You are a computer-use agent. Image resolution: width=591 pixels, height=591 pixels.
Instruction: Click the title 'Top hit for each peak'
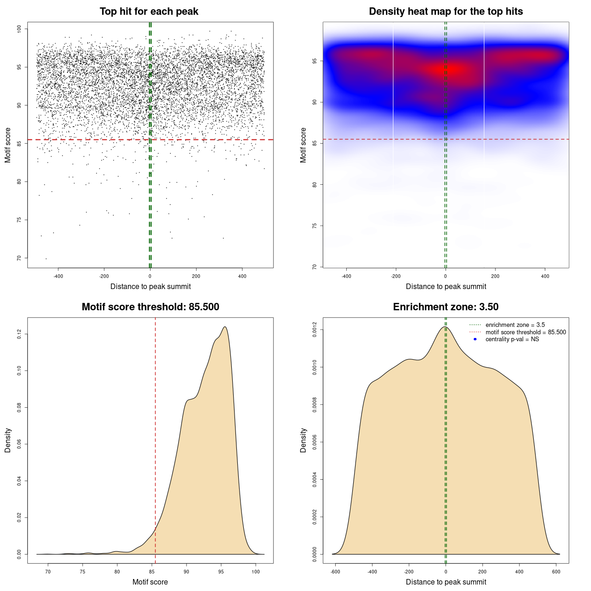[x=149, y=12]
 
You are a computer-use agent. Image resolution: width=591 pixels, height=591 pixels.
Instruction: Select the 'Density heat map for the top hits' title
[x=446, y=12]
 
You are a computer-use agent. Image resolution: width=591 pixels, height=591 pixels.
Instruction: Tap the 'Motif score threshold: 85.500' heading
[x=150, y=307]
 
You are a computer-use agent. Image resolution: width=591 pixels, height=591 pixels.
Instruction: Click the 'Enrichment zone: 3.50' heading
[x=446, y=307]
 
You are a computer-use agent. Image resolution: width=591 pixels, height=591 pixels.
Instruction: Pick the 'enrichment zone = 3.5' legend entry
[x=515, y=325]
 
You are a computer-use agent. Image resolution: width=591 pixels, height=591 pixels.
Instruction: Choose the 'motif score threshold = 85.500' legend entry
[x=525, y=332]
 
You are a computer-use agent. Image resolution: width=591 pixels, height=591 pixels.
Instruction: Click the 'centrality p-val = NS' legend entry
[x=512, y=339]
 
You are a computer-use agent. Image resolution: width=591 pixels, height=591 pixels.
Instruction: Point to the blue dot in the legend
[x=475, y=339]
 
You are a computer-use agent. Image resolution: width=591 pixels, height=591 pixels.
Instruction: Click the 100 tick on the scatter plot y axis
[x=19, y=29]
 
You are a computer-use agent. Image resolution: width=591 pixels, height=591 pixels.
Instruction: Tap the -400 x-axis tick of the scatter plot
[x=58, y=276]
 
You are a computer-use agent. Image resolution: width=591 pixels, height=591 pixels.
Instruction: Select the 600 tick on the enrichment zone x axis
[x=556, y=572]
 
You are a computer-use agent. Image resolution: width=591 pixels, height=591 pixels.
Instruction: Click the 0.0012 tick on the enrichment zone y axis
[x=314, y=330]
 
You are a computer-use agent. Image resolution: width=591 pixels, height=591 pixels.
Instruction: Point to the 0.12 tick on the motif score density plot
[x=19, y=334]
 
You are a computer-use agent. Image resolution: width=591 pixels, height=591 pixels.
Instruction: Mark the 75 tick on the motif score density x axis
[x=82, y=572]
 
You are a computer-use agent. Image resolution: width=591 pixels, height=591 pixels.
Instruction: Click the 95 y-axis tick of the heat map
[x=314, y=60]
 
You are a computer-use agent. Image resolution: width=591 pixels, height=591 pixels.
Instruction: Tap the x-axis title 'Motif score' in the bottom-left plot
[x=150, y=582]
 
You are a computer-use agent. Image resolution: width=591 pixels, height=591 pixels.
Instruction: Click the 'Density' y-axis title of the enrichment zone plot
[x=303, y=440]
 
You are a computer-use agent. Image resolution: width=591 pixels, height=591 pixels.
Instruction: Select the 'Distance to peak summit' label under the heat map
[x=446, y=286]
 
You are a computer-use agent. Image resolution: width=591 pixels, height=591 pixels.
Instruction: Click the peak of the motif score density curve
[x=225, y=327]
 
